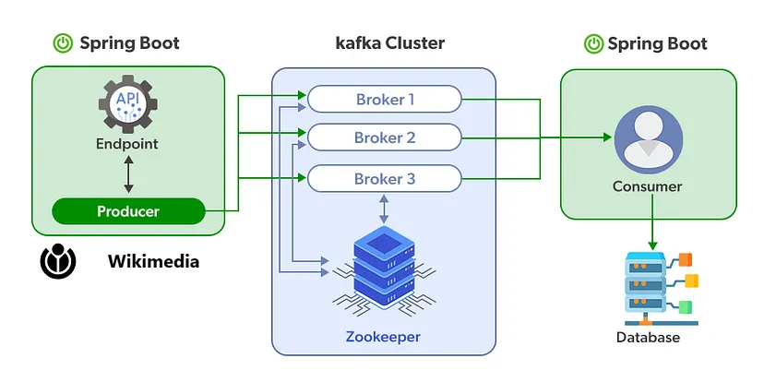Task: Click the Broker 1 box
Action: click(x=384, y=98)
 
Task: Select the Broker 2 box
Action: click(x=384, y=138)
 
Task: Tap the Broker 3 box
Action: click(x=384, y=178)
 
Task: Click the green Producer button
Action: click(x=128, y=211)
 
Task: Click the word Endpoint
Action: click(x=127, y=144)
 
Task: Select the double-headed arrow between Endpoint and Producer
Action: click(x=127, y=173)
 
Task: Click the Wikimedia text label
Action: click(x=153, y=262)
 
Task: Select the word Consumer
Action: click(x=648, y=186)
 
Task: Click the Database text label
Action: click(x=648, y=338)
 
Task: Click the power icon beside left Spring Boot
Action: click(x=63, y=43)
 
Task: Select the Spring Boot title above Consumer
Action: click(x=658, y=43)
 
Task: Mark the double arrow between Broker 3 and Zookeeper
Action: click(x=383, y=209)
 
